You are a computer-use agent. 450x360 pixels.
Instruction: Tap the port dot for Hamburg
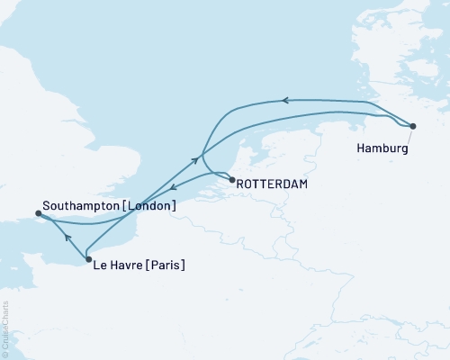pyautogui.click(x=412, y=126)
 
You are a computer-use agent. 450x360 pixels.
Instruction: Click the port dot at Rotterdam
pyautogui.click(x=233, y=181)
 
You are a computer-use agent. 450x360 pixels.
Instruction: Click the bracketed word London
pyautogui.click(x=152, y=206)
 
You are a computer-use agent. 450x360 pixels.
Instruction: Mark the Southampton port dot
pyautogui.click(x=38, y=213)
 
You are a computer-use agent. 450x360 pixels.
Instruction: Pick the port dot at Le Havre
pyautogui.click(x=88, y=260)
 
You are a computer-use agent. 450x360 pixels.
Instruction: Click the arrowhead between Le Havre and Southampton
pyautogui.click(x=67, y=238)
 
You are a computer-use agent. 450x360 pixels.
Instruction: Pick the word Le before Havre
pyautogui.click(x=102, y=265)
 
